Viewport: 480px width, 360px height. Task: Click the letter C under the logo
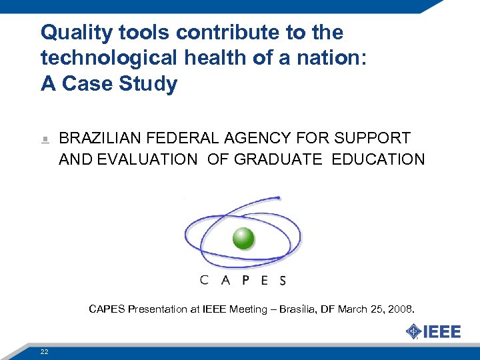click(205, 280)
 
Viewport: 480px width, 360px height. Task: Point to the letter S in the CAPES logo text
click(283, 281)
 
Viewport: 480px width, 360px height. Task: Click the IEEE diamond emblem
click(414, 331)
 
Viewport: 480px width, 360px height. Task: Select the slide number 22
click(44, 351)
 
